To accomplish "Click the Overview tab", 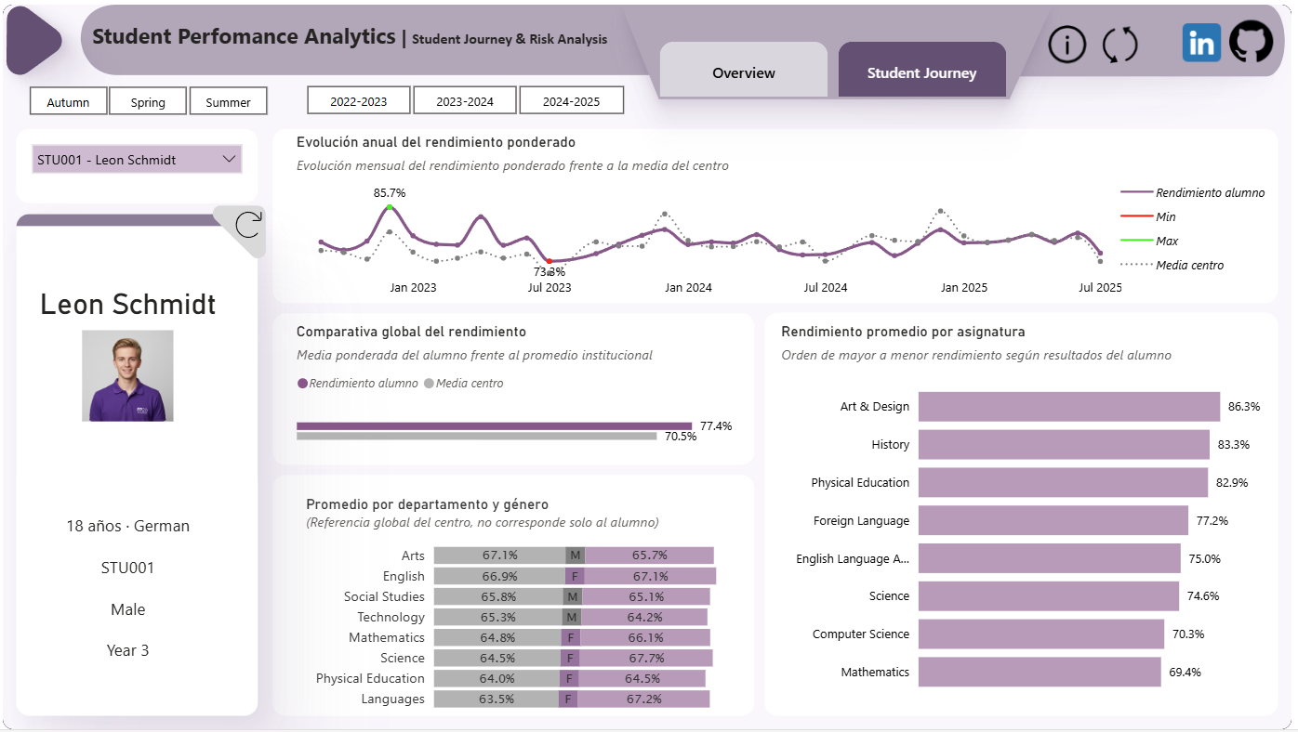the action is coord(744,70).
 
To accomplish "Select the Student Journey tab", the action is coord(922,70).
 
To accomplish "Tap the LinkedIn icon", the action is coord(1201,43).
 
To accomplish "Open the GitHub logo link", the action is coord(1252,42).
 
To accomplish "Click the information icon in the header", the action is coord(1066,44).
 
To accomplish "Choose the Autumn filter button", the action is coord(69,101).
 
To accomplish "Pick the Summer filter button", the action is coord(229,101).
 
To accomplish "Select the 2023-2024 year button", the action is coord(465,100).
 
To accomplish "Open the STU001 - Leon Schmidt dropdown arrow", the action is coord(229,159).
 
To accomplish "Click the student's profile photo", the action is coord(127,376).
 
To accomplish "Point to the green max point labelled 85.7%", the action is coord(390,207).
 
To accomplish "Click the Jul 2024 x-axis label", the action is coord(825,287).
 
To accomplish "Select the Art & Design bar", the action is coord(1069,407).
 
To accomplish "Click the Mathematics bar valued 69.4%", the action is coord(1040,672).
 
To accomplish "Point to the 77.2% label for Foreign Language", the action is coord(1212,520).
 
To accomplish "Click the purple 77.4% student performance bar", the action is coord(495,426).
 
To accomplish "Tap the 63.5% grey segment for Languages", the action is coord(497,699).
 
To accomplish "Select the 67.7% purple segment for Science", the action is coord(646,658).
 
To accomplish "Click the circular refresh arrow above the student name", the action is coord(248,225).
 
